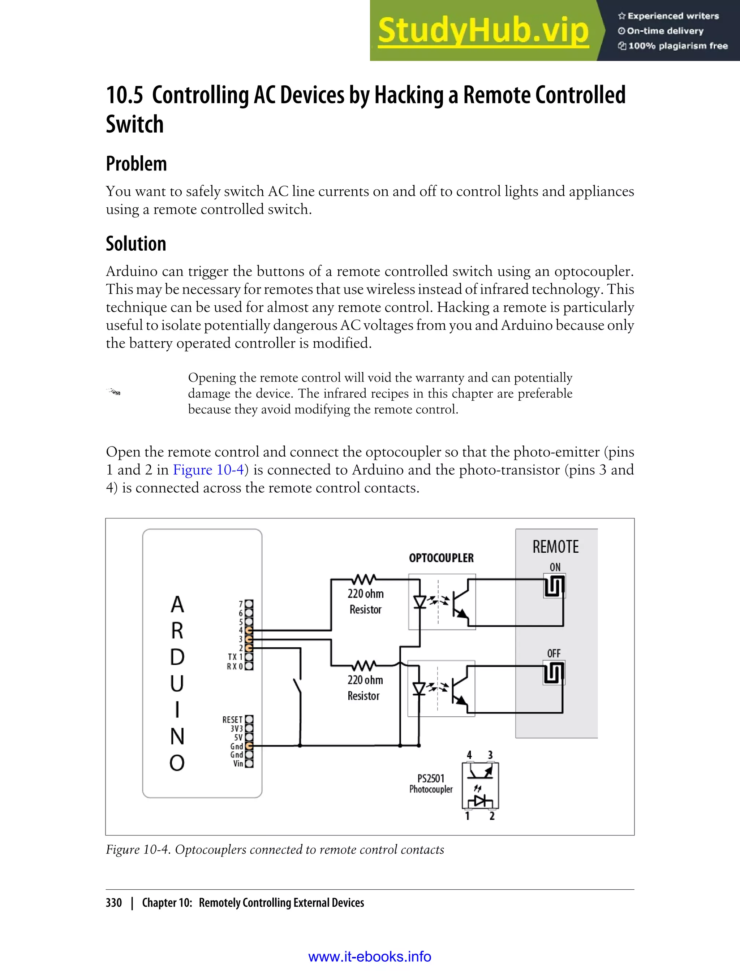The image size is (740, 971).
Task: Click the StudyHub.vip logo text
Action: pyautogui.click(x=483, y=31)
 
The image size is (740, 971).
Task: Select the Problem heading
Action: pyautogui.click(x=136, y=164)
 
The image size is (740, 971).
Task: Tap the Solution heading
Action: pyautogui.click(x=135, y=243)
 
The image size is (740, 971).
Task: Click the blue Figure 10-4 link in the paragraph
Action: pyautogui.click(x=208, y=470)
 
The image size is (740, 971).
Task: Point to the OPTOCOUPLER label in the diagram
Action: pyautogui.click(x=441, y=558)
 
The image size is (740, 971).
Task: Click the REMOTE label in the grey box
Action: pyautogui.click(x=555, y=547)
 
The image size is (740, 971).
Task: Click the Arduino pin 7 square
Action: pyautogui.click(x=249, y=604)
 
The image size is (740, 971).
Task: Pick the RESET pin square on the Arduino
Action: pyautogui.click(x=249, y=719)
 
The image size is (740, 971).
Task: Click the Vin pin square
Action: pyautogui.click(x=249, y=764)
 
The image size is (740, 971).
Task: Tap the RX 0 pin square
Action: pyautogui.click(x=249, y=666)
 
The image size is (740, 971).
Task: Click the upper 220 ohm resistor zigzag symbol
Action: pyautogui.click(x=365, y=579)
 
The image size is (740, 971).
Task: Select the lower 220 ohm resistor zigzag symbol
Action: pyautogui.click(x=365, y=665)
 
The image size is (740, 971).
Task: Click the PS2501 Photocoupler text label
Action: pyautogui.click(x=431, y=784)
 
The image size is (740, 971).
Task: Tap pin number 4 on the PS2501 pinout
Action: pyautogui.click(x=469, y=755)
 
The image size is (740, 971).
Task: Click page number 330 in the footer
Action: pyautogui.click(x=114, y=903)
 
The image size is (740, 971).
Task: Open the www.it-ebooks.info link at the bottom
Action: pyautogui.click(x=370, y=957)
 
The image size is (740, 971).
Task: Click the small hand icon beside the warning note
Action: pyautogui.click(x=114, y=392)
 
